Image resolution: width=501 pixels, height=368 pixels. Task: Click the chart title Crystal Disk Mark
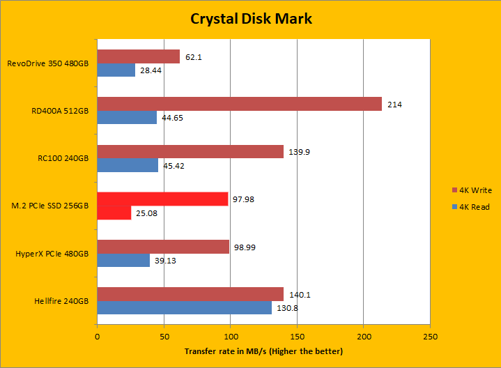pos(251,18)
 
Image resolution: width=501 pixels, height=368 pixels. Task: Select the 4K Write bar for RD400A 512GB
pos(239,104)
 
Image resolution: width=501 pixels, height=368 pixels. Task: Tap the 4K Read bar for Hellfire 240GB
pos(184,307)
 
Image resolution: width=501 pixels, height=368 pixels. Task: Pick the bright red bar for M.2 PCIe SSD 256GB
pos(162,199)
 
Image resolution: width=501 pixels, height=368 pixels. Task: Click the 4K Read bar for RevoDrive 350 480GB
pos(116,70)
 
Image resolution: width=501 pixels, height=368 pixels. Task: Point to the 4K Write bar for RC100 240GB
pos(190,151)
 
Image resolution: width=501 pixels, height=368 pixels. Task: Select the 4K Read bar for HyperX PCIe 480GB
pos(123,260)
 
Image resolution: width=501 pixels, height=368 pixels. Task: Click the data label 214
pos(395,105)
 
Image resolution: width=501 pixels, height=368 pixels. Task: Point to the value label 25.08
pos(146,213)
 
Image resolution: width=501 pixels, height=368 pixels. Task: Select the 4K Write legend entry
pos(474,190)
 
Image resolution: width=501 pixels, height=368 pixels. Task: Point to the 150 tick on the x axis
pos(297,337)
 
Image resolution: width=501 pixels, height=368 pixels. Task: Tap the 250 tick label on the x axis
pos(430,337)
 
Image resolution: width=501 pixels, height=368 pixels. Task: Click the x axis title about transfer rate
pos(263,351)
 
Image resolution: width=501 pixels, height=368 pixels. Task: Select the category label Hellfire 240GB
pos(62,301)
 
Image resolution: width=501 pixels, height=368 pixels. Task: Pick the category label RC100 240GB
pos(64,158)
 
